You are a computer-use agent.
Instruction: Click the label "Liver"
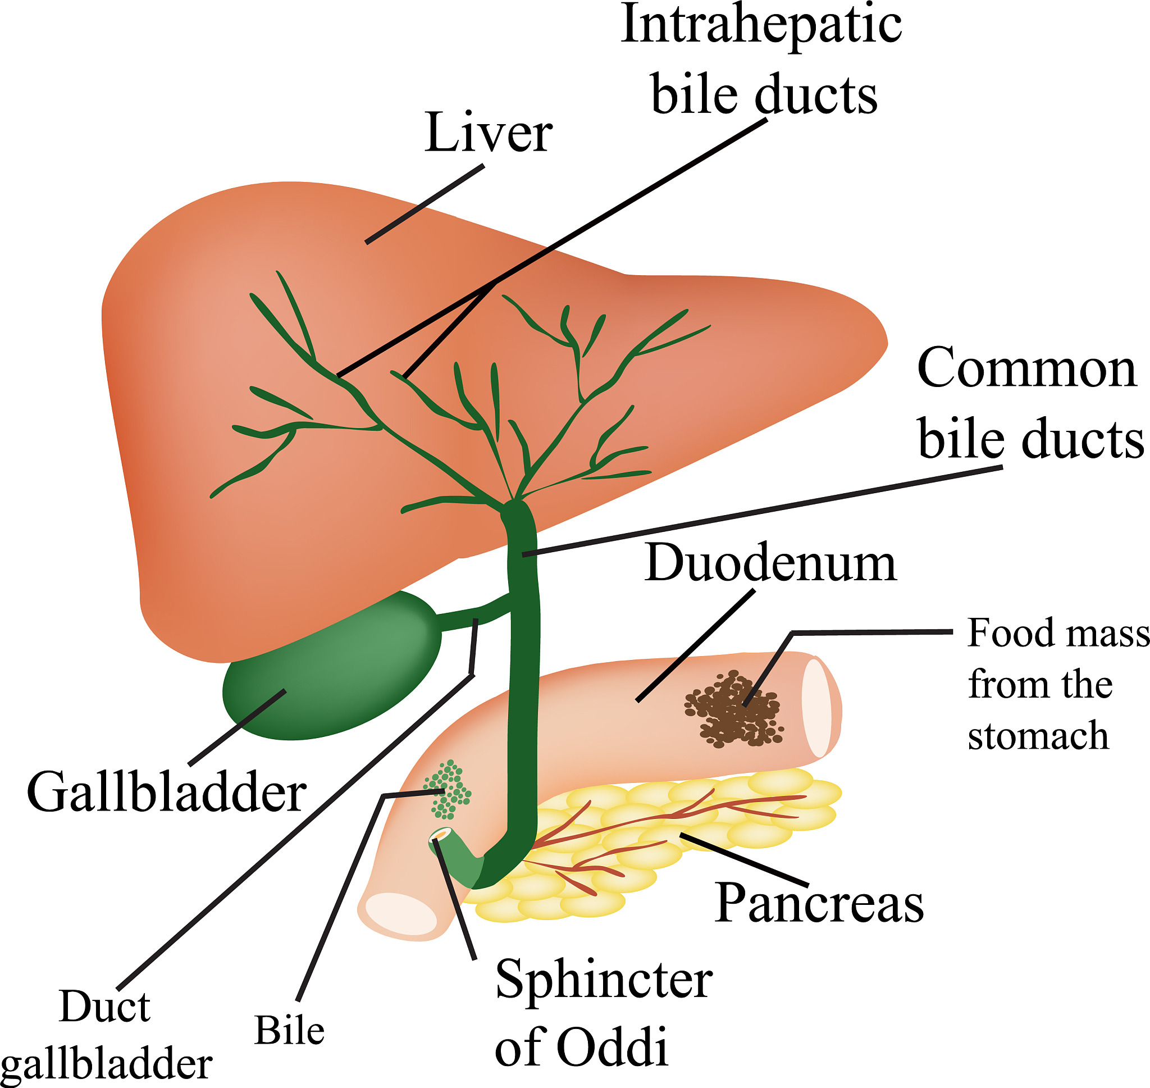488,133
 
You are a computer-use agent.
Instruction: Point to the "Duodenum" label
770,563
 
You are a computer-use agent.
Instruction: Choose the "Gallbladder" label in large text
167,792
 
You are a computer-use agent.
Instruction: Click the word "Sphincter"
604,980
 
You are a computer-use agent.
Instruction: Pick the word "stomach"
1038,735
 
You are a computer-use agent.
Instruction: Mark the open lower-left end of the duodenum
400,914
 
